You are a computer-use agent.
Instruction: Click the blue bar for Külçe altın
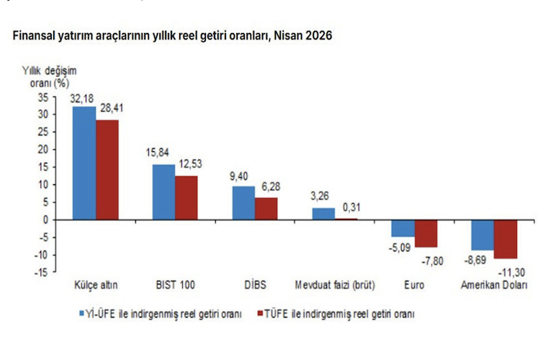coord(84,163)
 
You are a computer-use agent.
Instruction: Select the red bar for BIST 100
coord(186,198)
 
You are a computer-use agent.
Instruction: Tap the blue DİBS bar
coord(243,203)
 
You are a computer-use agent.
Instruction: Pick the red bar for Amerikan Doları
coord(505,239)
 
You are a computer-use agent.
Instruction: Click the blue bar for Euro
coord(403,228)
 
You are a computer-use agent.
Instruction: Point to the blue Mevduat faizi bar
coord(323,214)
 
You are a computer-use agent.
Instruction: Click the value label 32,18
coord(82,99)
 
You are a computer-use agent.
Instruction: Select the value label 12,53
coord(191,164)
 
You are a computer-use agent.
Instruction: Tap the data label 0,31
coord(351,207)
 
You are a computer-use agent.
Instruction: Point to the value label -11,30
coord(512,273)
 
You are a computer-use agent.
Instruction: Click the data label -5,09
coord(400,248)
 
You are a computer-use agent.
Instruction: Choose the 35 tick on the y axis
coord(43,98)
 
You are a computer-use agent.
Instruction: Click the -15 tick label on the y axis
coord(41,272)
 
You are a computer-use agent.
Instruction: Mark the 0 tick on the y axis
coord(46,220)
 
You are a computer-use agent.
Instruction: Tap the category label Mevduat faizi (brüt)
coord(335,285)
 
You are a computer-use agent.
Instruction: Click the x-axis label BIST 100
coord(175,285)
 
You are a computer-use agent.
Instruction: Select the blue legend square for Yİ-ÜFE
coord(82,313)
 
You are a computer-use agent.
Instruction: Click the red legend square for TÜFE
coord(261,313)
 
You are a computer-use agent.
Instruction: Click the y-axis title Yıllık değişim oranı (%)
coord(50,77)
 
